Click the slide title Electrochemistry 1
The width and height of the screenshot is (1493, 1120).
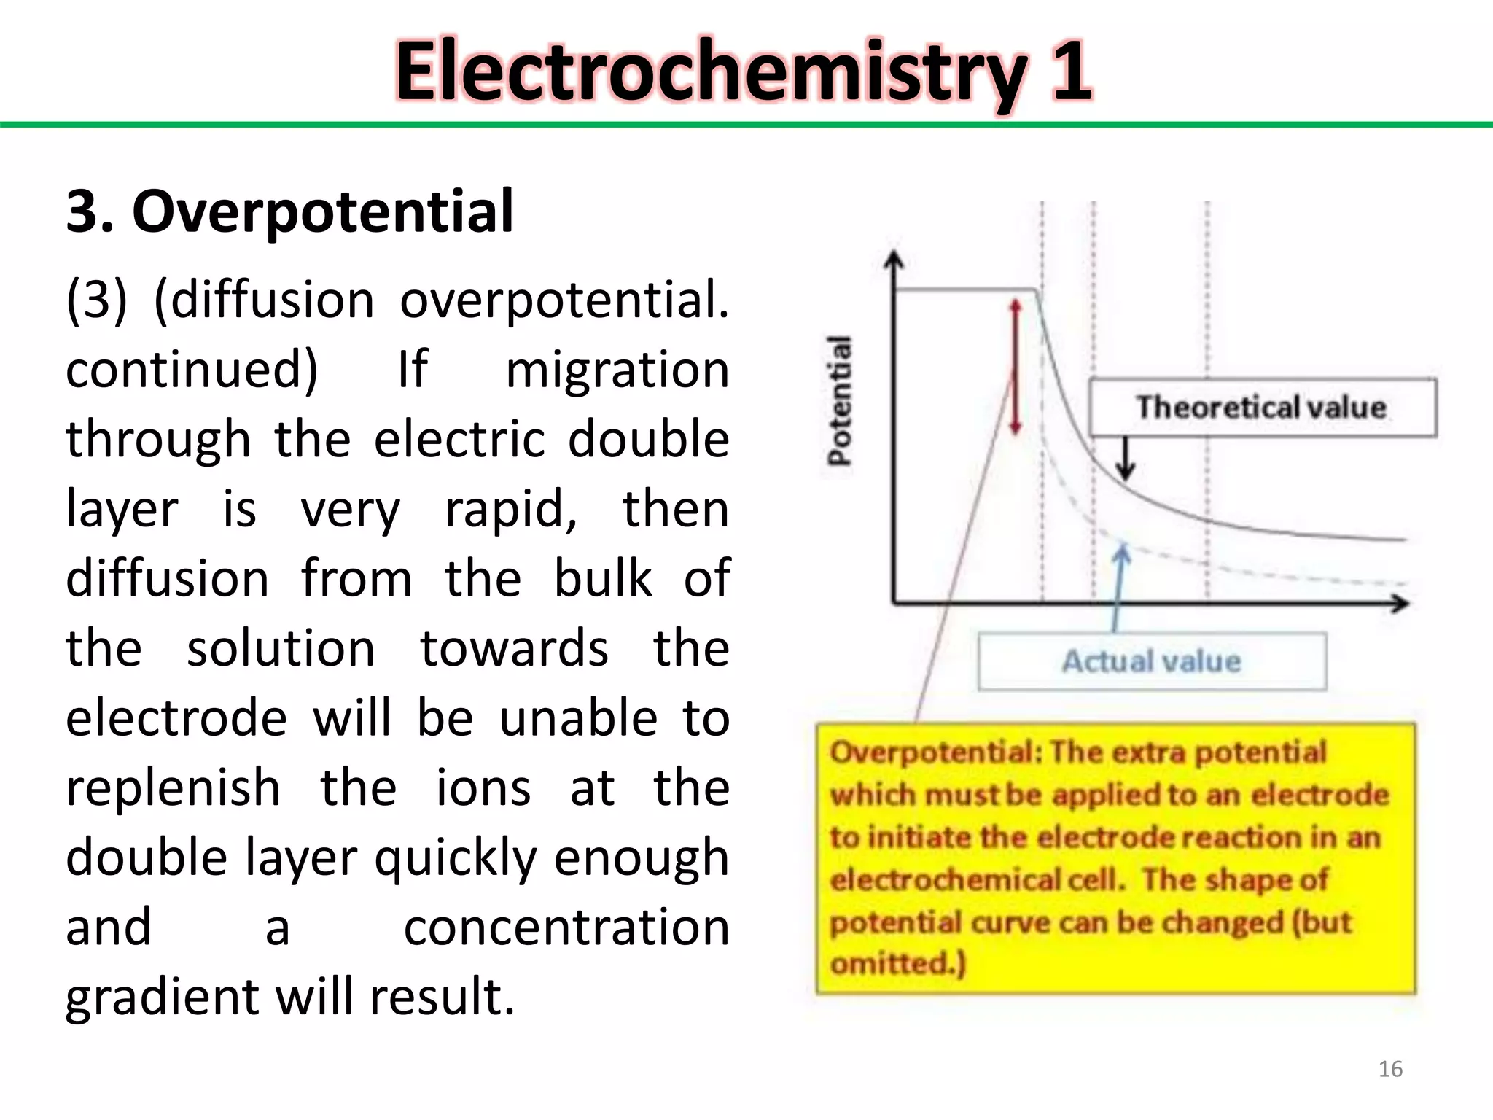[744, 71]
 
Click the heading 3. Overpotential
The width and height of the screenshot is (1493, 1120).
[289, 211]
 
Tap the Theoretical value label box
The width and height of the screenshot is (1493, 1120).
[1262, 407]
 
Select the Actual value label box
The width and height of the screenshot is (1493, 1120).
[1151, 661]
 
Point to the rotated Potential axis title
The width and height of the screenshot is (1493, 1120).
[840, 400]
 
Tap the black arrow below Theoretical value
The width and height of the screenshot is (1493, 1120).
[1126, 459]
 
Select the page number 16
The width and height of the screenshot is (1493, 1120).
[1390, 1069]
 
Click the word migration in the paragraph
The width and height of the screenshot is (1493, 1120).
[617, 370]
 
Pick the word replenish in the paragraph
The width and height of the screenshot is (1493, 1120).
[173, 788]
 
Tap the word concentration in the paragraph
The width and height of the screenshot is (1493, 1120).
[566, 927]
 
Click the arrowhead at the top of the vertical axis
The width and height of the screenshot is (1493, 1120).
[894, 260]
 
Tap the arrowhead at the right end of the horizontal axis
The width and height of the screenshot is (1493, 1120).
[1399, 604]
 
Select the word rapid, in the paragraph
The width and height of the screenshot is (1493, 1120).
[511, 509]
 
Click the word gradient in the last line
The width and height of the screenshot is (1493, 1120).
[162, 997]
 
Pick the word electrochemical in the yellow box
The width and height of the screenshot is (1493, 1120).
[946, 880]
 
